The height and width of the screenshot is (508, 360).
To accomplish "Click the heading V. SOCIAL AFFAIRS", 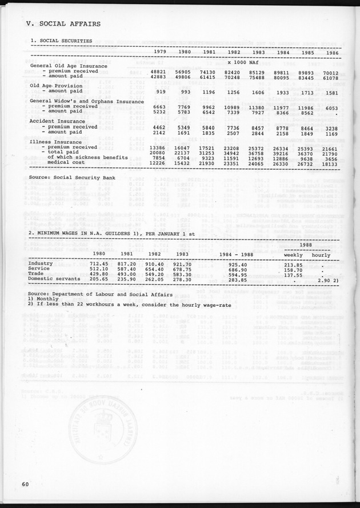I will pos(63,24).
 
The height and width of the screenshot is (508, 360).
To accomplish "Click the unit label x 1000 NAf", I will pos(243,61).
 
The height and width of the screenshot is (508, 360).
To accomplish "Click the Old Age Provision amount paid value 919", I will pos(161,91).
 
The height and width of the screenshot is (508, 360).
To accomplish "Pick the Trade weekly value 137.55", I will pos(293,275).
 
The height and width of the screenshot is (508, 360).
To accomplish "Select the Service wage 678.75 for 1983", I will pos(183,270).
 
